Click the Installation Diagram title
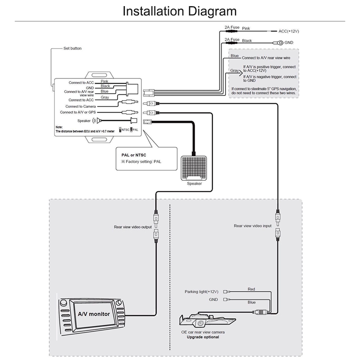(x=180, y=11)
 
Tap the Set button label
(x=72, y=48)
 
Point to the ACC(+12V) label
(x=289, y=31)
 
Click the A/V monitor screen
(x=94, y=314)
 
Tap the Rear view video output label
(x=133, y=227)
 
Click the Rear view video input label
(x=253, y=226)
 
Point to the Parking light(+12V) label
(x=202, y=292)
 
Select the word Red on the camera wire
(x=251, y=289)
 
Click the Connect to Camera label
(x=80, y=107)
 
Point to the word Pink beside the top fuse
(x=246, y=28)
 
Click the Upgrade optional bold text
(x=203, y=337)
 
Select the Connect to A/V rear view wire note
(x=266, y=58)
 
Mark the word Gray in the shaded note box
(x=234, y=71)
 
